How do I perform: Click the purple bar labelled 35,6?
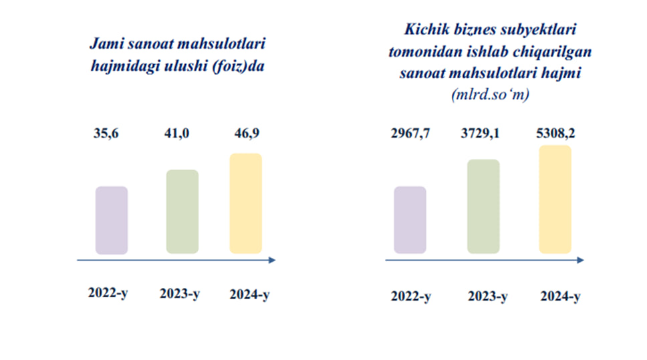(112, 220)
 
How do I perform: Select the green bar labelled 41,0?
(182, 212)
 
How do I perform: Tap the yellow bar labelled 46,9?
(245, 203)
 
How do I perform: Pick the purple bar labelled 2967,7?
(410, 220)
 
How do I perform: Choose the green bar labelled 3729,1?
(483, 206)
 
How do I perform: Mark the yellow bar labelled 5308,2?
(555, 199)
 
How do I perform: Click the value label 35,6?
(106, 134)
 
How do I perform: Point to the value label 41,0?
(176, 134)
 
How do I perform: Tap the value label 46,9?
(247, 134)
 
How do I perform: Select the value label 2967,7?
(410, 134)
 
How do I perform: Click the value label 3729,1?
(480, 134)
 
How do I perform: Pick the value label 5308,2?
(555, 134)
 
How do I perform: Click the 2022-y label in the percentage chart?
(108, 293)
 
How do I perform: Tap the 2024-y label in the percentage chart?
(249, 295)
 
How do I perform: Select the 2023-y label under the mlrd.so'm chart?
(487, 297)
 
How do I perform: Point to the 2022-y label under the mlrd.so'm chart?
(410, 297)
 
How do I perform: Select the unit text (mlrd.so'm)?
(490, 94)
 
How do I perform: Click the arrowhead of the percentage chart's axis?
(272, 260)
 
